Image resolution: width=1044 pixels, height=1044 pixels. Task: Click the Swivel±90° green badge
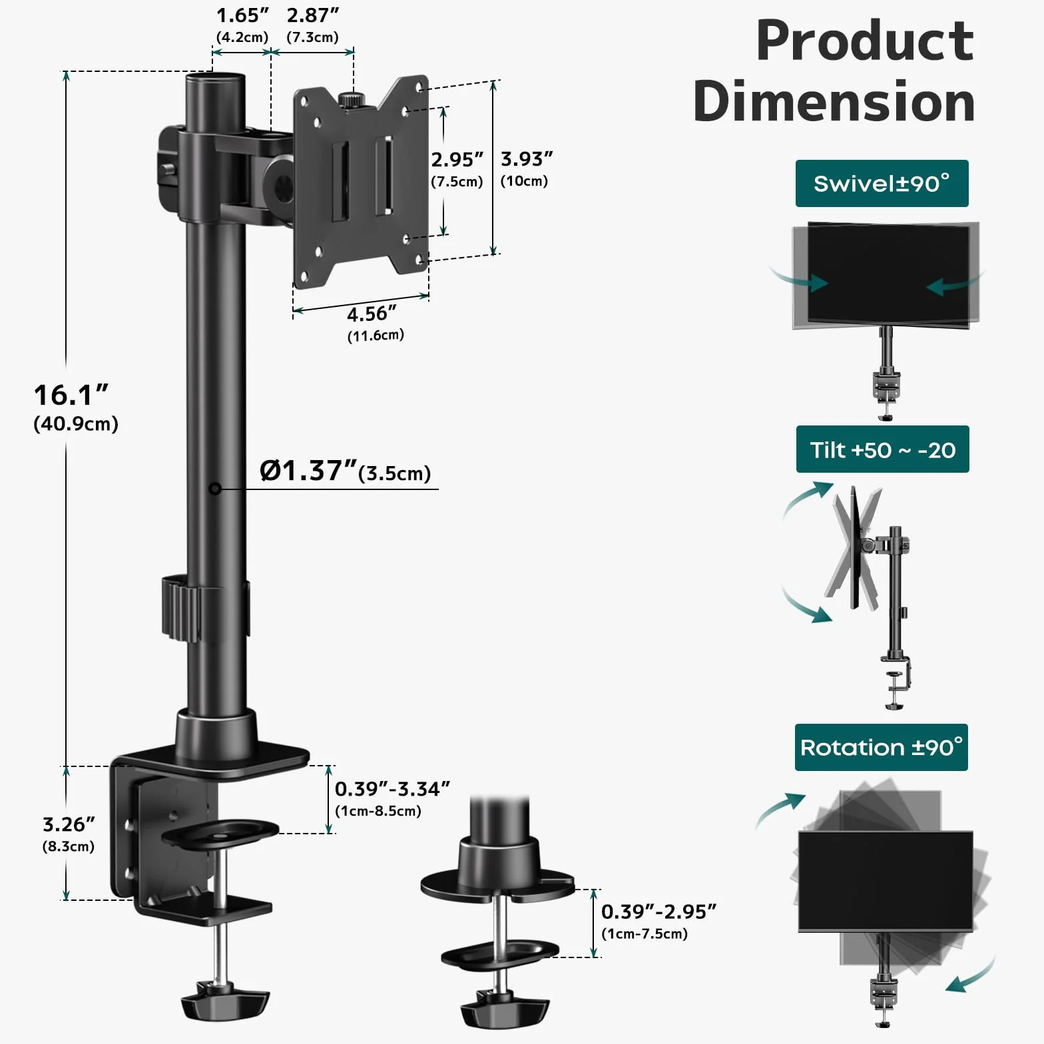(x=882, y=183)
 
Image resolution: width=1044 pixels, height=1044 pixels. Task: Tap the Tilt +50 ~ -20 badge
(x=882, y=449)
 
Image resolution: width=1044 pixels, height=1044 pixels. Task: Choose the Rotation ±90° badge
(x=882, y=747)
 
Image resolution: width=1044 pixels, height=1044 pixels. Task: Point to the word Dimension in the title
(x=834, y=101)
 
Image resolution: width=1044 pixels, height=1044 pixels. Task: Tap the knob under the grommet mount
(x=505, y=1009)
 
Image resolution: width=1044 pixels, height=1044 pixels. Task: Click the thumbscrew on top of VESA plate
(x=351, y=101)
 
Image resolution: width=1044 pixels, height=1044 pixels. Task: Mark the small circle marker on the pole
(x=215, y=489)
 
